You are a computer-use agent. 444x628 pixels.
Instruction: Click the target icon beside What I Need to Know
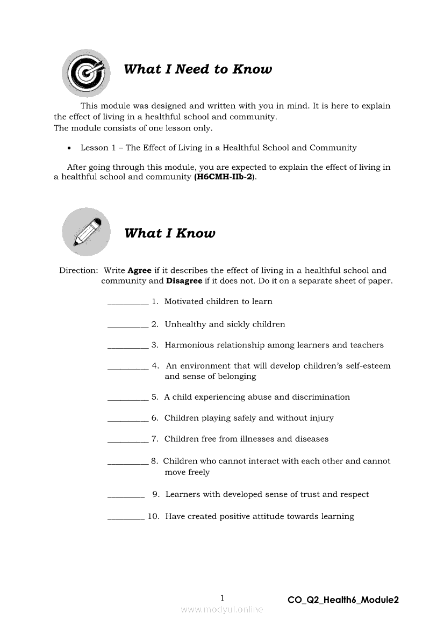tap(86, 73)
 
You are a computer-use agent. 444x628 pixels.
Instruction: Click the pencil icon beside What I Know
tap(86, 232)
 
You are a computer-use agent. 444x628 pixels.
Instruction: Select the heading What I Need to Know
tap(198, 69)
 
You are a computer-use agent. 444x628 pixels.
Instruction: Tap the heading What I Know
tap(170, 233)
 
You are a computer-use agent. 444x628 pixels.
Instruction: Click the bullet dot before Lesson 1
tap(69, 148)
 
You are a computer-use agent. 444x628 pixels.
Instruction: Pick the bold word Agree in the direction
tap(139, 271)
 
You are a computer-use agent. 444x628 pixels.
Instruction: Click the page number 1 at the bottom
tap(223, 598)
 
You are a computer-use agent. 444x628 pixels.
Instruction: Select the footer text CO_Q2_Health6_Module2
tap(343, 600)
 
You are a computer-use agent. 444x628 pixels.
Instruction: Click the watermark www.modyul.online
tap(222, 610)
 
